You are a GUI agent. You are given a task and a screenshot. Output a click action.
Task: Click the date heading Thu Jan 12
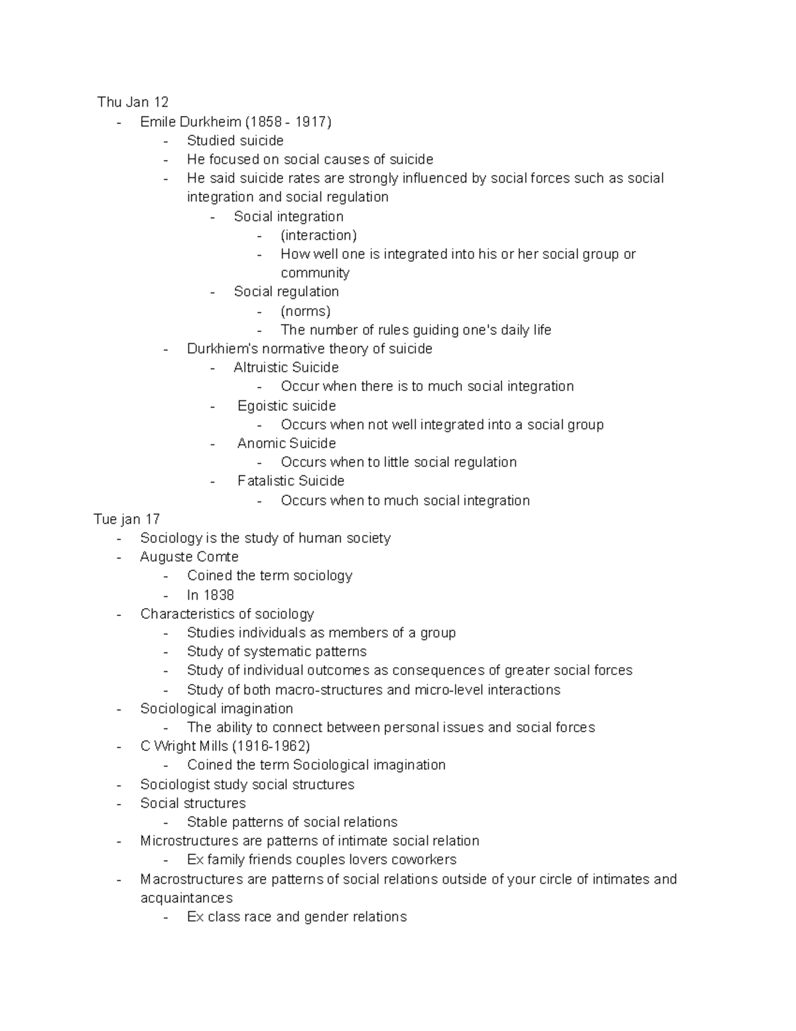[133, 102]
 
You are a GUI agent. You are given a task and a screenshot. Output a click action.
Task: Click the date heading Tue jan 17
[127, 519]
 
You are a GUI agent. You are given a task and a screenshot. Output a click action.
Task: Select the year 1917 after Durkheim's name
[310, 121]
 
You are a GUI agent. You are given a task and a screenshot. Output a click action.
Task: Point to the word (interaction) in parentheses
[318, 235]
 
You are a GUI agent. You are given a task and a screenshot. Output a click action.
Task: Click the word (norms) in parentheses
[305, 311]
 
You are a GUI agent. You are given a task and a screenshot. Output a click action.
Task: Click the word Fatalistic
[264, 481]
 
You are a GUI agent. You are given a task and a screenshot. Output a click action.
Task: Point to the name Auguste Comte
[189, 556]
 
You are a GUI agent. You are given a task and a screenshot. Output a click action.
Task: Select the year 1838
[218, 595]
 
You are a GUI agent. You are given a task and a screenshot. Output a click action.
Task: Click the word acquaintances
[186, 898]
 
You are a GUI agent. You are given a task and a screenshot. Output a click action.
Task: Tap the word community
[314, 273]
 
